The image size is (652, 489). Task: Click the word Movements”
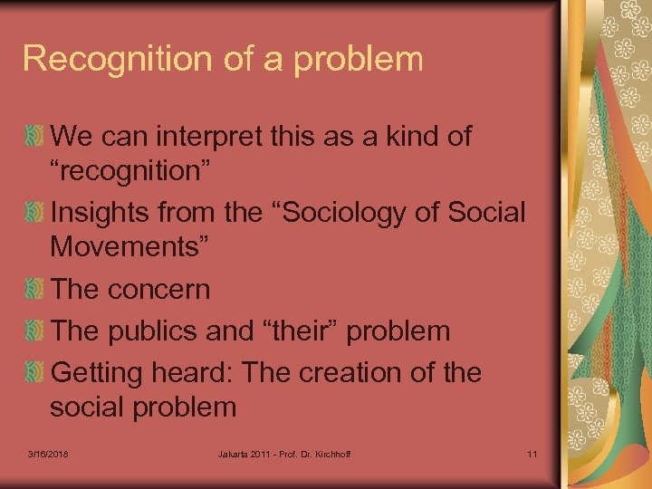[x=130, y=246]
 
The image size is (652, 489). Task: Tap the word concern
[x=159, y=290]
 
